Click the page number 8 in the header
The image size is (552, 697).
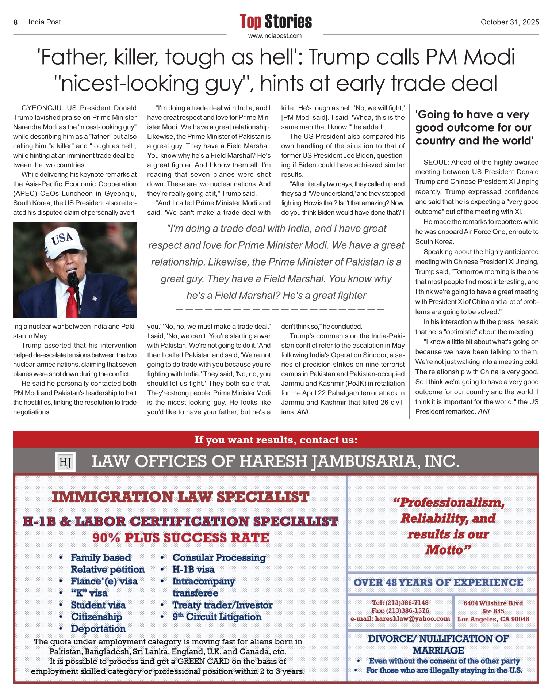click(x=15, y=22)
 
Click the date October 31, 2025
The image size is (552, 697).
click(x=510, y=22)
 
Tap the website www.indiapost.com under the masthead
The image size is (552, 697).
click(x=275, y=36)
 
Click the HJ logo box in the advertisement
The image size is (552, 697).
click(x=65, y=462)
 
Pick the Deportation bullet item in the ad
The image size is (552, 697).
click(x=98, y=629)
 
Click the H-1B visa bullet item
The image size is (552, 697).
click(x=193, y=570)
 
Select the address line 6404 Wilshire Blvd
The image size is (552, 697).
click(x=493, y=603)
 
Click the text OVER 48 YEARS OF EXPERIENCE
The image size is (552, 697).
click(x=438, y=583)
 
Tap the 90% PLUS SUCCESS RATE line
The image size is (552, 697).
click(x=181, y=538)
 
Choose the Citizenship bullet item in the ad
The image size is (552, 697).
click(x=96, y=617)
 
